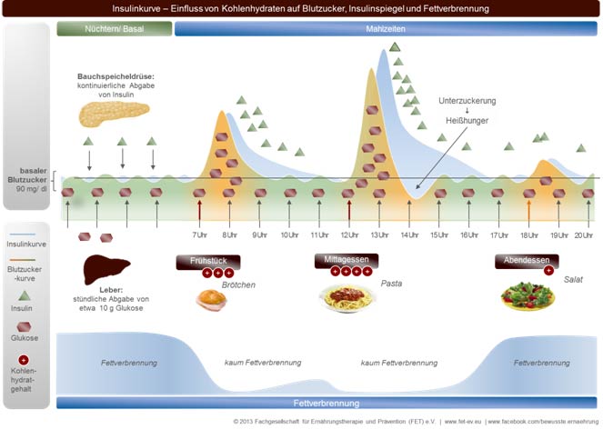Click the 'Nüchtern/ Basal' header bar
(114, 28)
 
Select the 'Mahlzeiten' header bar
(386, 28)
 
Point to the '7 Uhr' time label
(200, 235)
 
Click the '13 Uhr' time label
(379, 235)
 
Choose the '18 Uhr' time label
(528, 235)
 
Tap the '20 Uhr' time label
(584, 235)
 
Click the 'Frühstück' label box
(207, 260)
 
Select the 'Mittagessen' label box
(347, 260)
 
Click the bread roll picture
(211, 298)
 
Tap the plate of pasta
(347, 297)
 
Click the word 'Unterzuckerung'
(467, 99)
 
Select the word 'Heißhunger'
(467, 122)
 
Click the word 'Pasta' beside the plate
(392, 284)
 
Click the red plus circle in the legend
(24, 360)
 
